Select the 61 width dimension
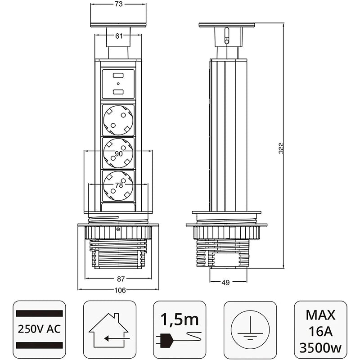coord(119,36)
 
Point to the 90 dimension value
coord(119,154)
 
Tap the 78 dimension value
coord(119,185)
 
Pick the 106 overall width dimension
coord(119,290)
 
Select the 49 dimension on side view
coord(225,283)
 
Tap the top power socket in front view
coord(119,119)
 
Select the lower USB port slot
coord(119,92)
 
